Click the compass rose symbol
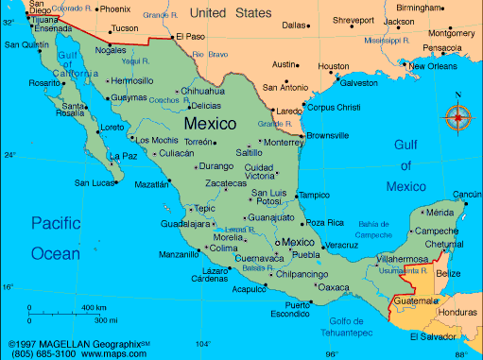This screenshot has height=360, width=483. point(458,118)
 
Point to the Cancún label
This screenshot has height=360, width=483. point(467,195)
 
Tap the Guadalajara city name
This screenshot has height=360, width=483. point(185,224)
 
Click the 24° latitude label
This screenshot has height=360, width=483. point(9,154)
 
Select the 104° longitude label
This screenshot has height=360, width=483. point(201,344)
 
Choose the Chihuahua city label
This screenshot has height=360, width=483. point(203,91)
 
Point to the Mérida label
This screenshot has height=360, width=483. point(440,213)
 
